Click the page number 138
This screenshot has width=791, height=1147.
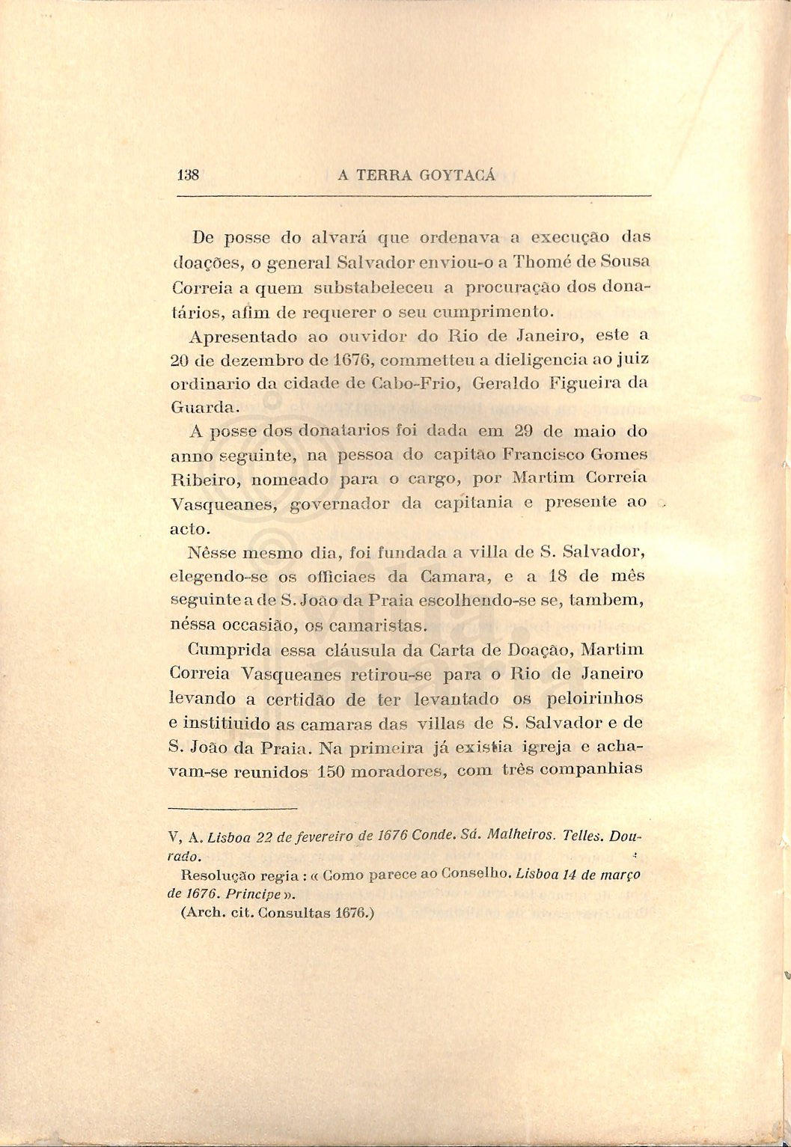pos(188,175)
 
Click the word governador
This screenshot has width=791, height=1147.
pos(340,503)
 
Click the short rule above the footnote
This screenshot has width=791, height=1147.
pos(233,807)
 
